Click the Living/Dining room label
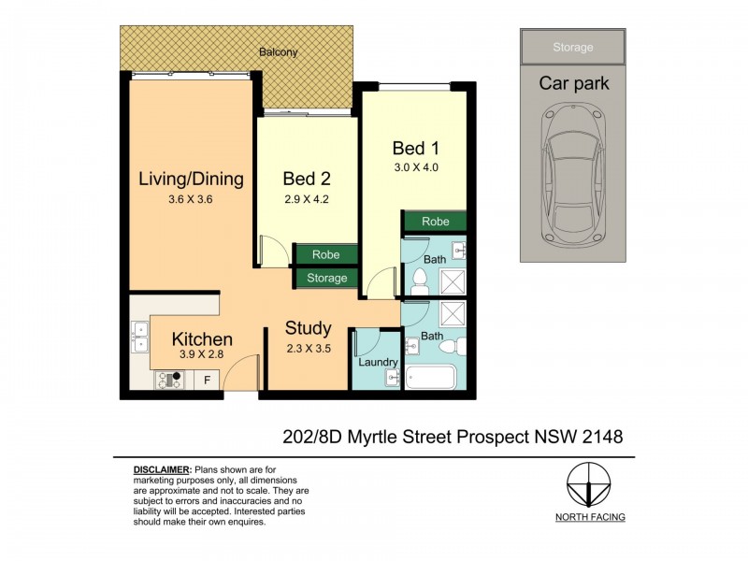191,179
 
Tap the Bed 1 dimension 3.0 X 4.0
415,168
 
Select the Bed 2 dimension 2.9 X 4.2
307,198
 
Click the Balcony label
278,52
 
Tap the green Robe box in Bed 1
435,223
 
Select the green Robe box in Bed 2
325,254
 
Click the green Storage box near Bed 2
325,278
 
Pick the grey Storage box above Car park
572,47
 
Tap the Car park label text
573,83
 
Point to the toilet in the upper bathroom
420,278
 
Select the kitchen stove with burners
170,379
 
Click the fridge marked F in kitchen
207,380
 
